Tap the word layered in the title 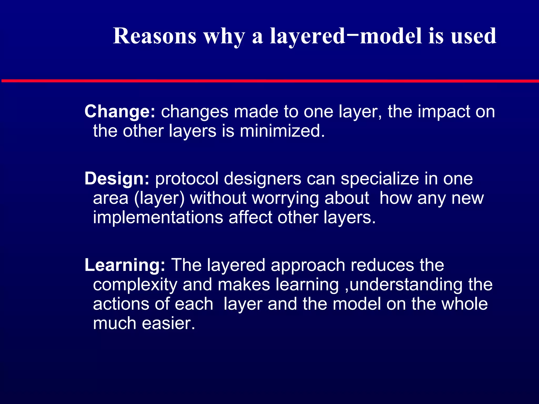307,36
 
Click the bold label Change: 120,112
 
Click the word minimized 282,131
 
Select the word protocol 187,179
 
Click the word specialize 380,179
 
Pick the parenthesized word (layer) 159,199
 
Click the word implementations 158,218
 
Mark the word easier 168,323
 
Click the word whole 464,304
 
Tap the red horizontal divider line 269,81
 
